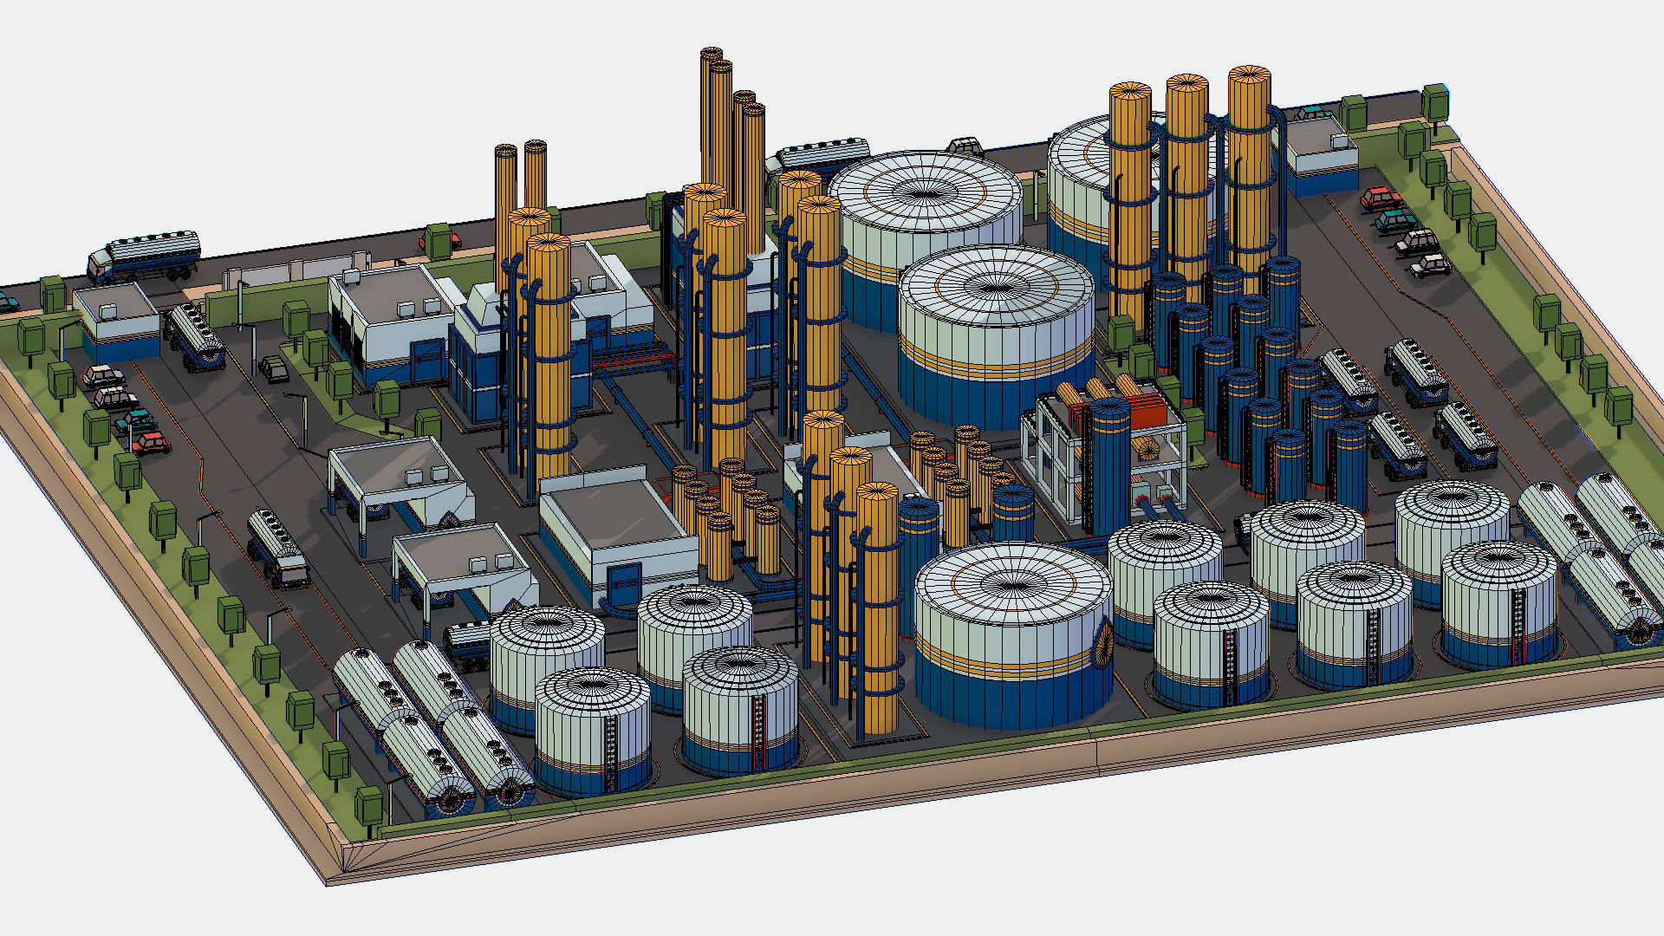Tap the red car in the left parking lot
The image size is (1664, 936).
point(153,444)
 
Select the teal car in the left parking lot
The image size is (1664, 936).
point(137,422)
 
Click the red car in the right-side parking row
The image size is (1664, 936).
point(1381,199)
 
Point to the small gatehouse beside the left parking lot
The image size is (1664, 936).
point(117,322)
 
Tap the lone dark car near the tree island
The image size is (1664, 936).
point(275,369)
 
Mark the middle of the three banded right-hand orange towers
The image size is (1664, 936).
point(1186,182)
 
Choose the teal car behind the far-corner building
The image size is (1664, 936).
point(1313,114)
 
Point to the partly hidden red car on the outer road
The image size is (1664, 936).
point(426,240)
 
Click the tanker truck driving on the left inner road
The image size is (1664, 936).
point(277,548)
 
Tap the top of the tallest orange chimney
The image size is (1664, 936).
point(712,55)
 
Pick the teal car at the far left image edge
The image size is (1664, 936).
point(7,302)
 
